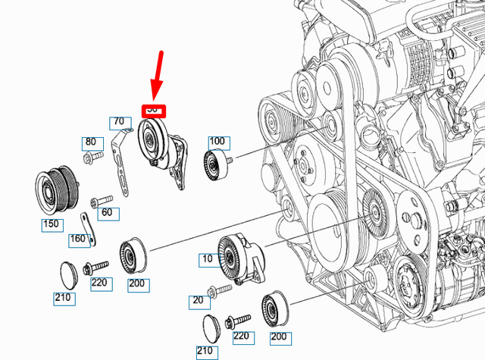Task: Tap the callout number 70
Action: (x=119, y=121)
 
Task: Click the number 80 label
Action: (x=90, y=142)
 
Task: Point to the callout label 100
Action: (x=217, y=142)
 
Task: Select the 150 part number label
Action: (x=52, y=225)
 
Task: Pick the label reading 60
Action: (x=106, y=212)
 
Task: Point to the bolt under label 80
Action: (x=91, y=157)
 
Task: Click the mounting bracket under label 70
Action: (x=119, y=163)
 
